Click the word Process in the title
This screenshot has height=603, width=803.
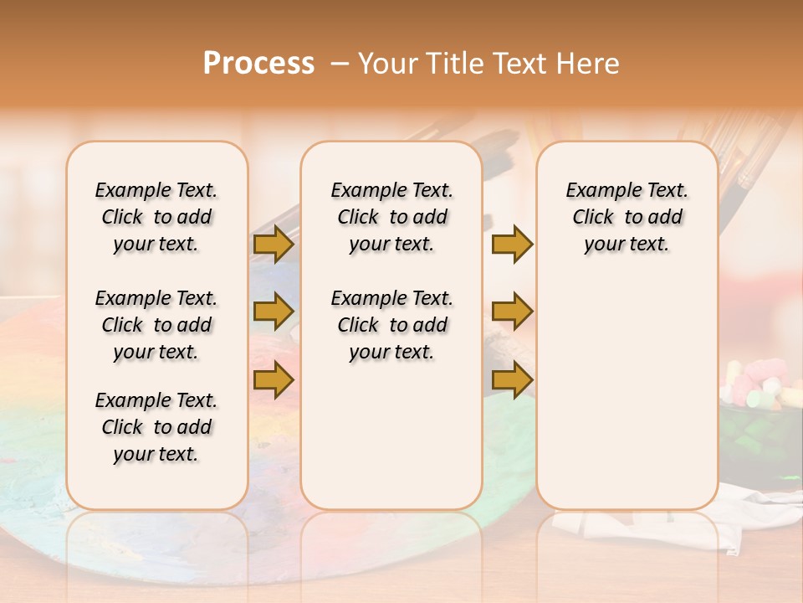click(258, 64)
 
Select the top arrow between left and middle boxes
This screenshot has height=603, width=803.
click(274, 244)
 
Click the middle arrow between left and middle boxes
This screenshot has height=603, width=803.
click(274, 312)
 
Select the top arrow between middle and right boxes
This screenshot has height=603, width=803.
click(512, 244)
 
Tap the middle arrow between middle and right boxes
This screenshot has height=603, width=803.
click(512, 312)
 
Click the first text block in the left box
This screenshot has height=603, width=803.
click(156, 217)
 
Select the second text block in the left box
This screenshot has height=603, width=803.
click(156, 325)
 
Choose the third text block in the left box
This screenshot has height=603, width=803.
click(156, 427)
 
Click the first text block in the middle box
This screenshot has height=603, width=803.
click(391, 217)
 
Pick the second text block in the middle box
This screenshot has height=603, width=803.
click(391, 325)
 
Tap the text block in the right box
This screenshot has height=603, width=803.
click(627, 217)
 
